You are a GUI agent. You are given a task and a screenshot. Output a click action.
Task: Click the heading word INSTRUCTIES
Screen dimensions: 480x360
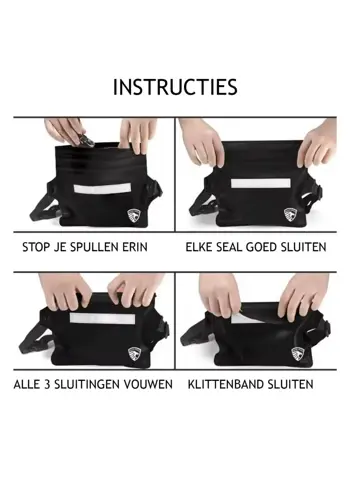175,87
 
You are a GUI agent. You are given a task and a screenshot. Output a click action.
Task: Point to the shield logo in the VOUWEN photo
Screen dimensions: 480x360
135,353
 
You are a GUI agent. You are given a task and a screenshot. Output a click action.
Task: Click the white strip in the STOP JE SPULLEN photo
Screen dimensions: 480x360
98,188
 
